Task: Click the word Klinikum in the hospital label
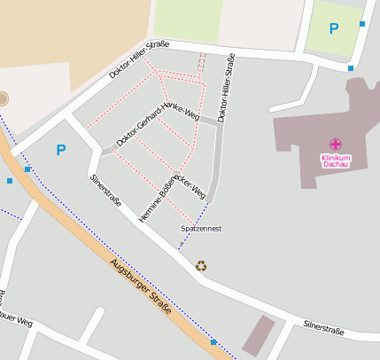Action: click(336, 158)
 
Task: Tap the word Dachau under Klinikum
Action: click(336, 165)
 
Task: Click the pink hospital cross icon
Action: click(336, 145)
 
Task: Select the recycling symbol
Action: click(201, 265)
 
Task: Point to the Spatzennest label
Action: click(200, 229)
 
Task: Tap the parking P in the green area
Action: click(333, 28)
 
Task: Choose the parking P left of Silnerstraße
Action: click(60, 150)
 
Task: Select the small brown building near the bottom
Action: click(259, 335)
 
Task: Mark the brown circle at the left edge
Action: click(3, 98)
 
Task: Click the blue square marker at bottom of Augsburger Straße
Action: click(213, 341)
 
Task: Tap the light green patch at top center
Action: click(188, 20)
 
